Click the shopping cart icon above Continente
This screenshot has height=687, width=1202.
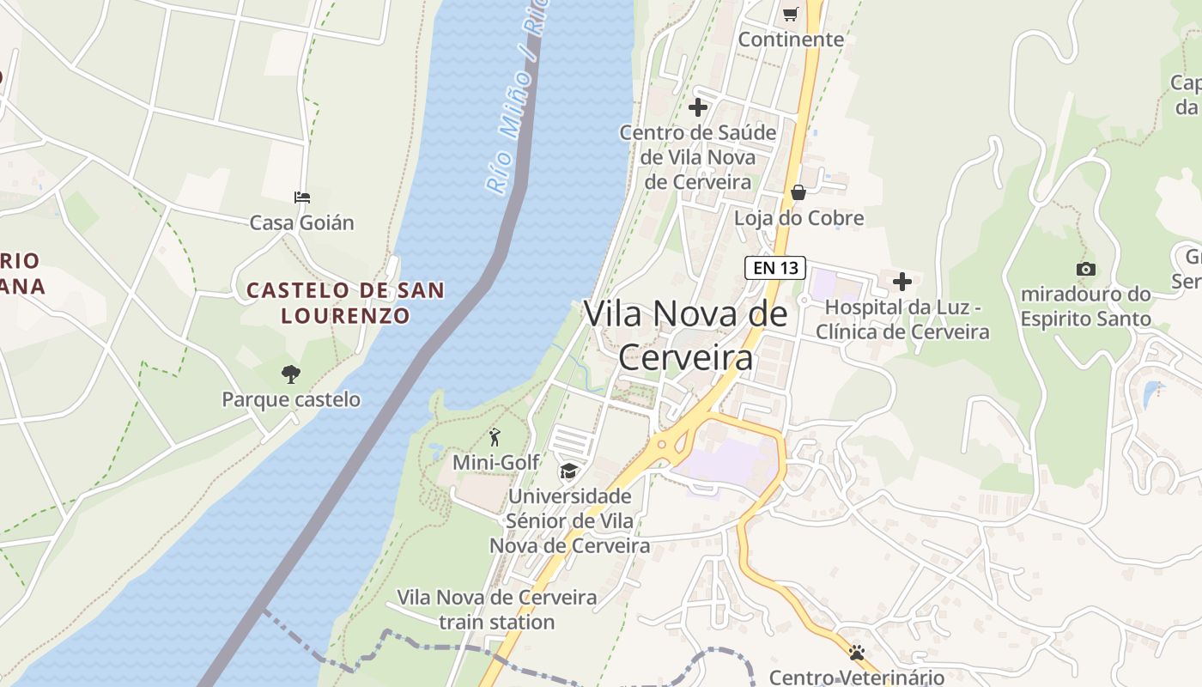790,14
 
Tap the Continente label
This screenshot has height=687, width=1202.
791,40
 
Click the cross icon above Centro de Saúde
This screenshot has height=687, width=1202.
698,107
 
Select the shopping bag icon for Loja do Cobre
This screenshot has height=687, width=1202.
798,192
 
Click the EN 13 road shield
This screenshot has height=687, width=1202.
774,268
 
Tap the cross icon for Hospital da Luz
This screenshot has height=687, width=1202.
902,281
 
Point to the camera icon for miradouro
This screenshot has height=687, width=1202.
1085,269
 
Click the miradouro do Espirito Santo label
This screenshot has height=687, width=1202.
1085,307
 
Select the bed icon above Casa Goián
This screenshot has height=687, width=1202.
301,198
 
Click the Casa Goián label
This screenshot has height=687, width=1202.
301,223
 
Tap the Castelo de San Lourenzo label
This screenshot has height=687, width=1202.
345,302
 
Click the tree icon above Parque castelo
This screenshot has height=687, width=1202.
291,374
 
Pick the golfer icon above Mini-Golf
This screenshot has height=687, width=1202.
495,438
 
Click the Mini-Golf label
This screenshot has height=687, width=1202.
495,463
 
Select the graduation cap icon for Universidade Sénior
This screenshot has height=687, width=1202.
568,471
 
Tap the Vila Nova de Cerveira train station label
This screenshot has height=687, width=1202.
496,610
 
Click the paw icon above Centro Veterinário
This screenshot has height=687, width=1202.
856,653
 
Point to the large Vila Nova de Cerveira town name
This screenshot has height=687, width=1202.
685,335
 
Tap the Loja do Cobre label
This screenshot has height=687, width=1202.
798,218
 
